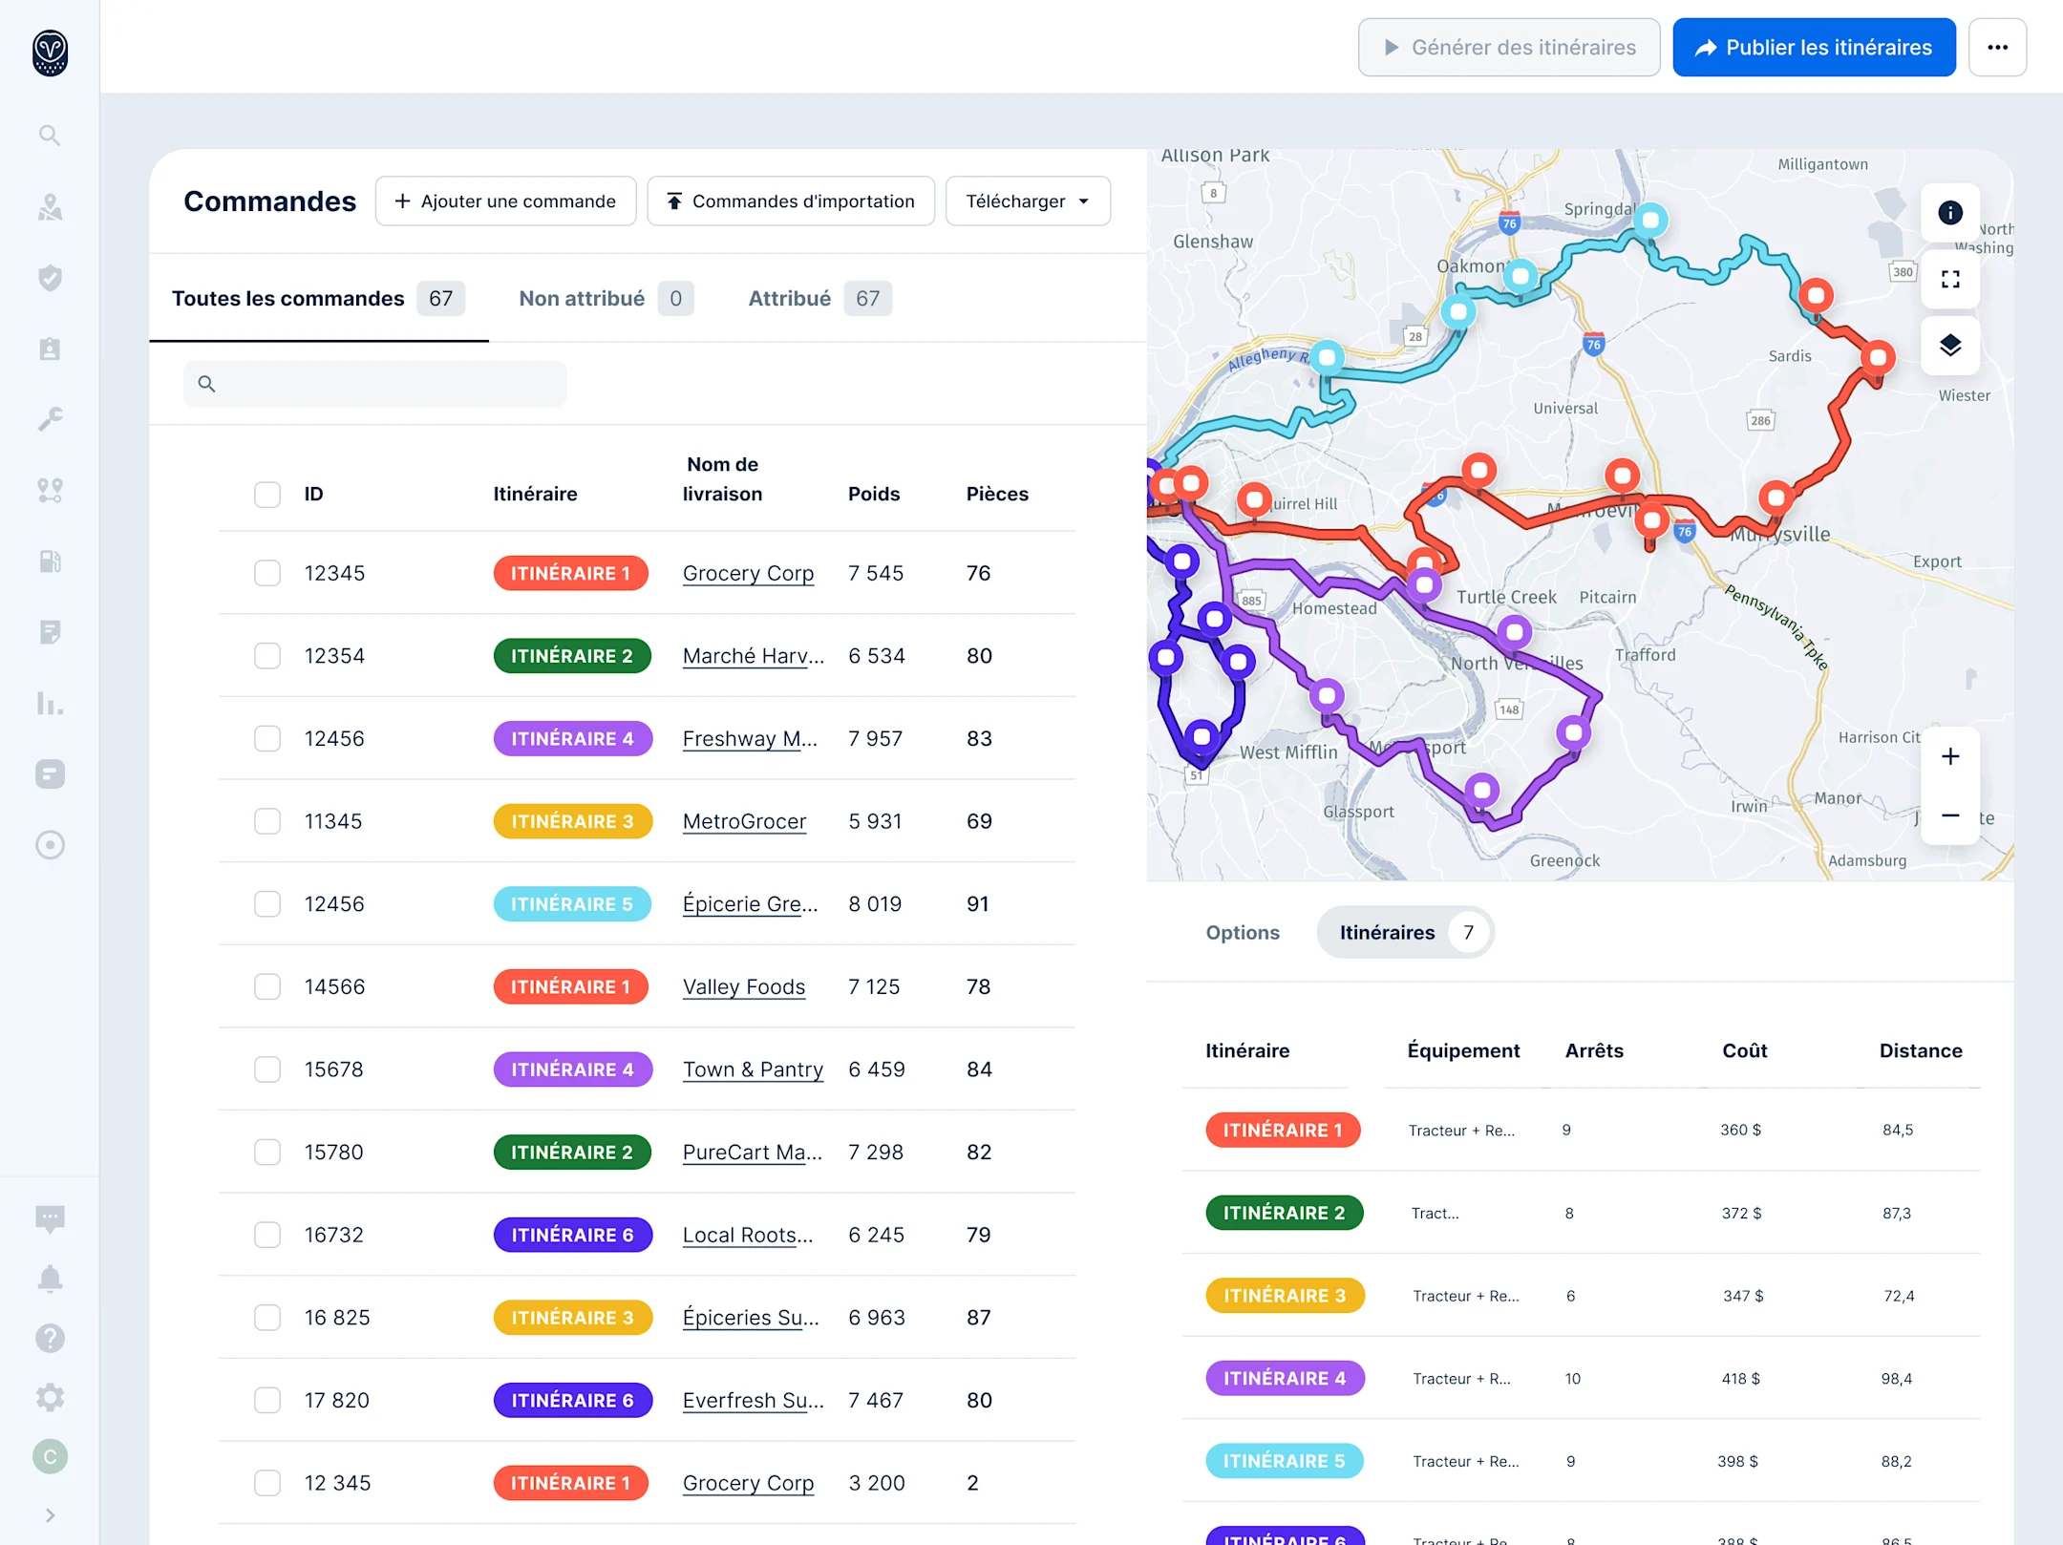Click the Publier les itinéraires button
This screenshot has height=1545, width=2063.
click(x=1813, y=48)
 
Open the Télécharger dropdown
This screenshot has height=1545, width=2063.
click(x=1027, y=201)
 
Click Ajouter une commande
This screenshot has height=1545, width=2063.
click(x=505, y=201)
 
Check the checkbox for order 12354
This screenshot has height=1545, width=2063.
click(x=267, y=656)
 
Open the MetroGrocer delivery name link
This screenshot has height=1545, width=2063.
click(x=744, y=821)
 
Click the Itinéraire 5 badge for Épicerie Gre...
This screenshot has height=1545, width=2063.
click(x=571, y=904)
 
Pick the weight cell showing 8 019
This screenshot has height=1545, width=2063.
click(x=875, y=904)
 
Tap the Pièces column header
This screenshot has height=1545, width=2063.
click(x=996, y=494)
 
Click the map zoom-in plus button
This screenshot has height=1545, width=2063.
click(x=1949, y=757)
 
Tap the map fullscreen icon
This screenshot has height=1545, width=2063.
click(x=1949, y=280)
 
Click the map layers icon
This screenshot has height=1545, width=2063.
click(x=1949, y=345)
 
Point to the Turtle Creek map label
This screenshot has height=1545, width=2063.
click(x=1505, y=597)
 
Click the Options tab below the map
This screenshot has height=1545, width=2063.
click(x=1242, y=932)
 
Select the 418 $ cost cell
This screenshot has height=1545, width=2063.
click(x=1740, y=1378)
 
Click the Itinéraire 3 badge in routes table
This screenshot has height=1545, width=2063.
click(x=1284, y=1296)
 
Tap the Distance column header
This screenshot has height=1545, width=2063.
click(x=1920, y=1050)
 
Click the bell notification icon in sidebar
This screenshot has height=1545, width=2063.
click(x=50, y=1279)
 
